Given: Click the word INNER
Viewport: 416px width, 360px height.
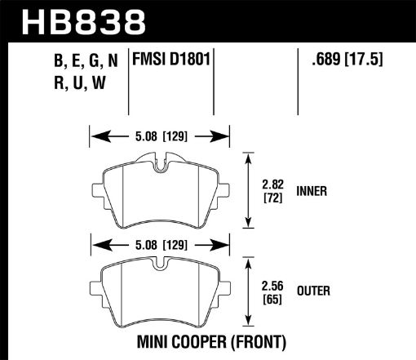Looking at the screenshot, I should (312, 192).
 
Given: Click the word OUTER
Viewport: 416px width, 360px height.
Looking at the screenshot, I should (314, 289).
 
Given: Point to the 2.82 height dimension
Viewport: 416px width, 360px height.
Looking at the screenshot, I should (271, 185).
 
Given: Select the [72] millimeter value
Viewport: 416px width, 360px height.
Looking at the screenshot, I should (271, 198).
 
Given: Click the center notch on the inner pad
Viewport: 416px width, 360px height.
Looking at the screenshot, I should (161, 169).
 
